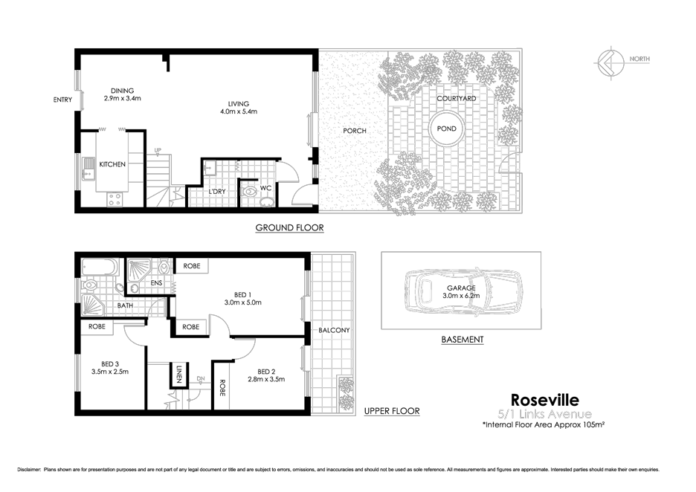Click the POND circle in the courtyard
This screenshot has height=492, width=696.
[x=447, y=129]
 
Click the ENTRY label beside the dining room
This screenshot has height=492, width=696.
[x=63, y=100]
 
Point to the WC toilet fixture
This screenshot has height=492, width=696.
[x=248, y=192]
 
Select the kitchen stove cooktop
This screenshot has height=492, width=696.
[x=115, y=198]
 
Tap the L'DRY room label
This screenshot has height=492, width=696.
[x=217, y=191]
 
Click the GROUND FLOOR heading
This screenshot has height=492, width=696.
[x=289, y=227]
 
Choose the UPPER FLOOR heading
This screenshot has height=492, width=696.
[x=392, y=411]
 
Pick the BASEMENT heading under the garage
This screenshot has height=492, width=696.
[x=462, y=340]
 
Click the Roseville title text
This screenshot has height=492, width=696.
[x=550, y=401]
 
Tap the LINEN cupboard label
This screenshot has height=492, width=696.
[x=179, y=375]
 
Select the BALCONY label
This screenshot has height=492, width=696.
[x=334, y=330]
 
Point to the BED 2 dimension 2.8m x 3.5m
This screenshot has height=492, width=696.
[x=266, y=379]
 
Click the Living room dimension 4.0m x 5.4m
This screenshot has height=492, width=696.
[x=238, y=112]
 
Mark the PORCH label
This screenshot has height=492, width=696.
[x=354, y=131]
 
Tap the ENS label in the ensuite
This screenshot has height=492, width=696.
[x=157, y=283]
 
